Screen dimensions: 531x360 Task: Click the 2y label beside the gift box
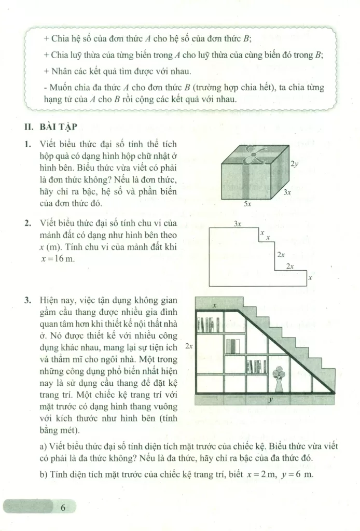coord(295,164)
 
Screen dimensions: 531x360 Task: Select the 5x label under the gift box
coord(248,204)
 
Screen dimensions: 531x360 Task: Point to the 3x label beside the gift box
coord(287,191)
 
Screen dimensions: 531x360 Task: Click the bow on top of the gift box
coord(252,152)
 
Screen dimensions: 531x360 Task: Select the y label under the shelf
coord(271,400)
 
